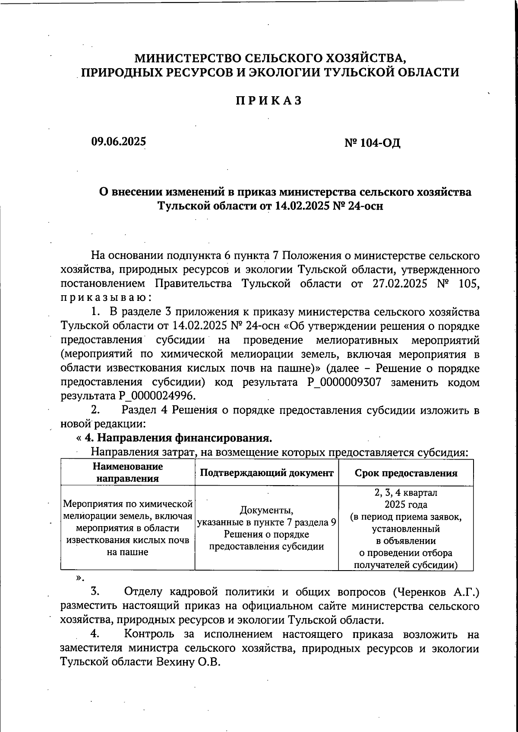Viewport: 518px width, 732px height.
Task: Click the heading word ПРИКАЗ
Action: (268, 101)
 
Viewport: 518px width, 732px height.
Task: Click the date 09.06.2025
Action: (118, 142)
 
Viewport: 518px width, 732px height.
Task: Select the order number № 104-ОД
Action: (372, 143)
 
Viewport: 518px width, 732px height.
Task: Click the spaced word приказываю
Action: (106, 298)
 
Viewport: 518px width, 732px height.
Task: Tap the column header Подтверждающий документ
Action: (267, 473)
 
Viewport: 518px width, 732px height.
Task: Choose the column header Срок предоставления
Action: (406, 473)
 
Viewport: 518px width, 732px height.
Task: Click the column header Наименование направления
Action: (127, 473)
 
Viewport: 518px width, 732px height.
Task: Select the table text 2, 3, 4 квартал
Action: (406, 492)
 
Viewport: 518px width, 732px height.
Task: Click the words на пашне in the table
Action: (127, 552)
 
